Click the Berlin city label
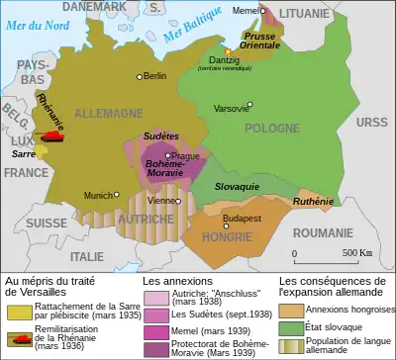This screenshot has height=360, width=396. click(155, 75)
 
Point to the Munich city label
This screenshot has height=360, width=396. click(98, 196)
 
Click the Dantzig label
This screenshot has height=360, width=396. click(244, 57)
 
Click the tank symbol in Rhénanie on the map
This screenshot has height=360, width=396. click(47, 137)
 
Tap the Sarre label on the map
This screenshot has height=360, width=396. click(24, 154)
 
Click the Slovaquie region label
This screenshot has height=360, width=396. click(239, 186)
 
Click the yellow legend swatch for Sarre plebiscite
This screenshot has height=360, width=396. click(19, 310)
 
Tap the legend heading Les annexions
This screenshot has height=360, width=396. click(172, 282)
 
